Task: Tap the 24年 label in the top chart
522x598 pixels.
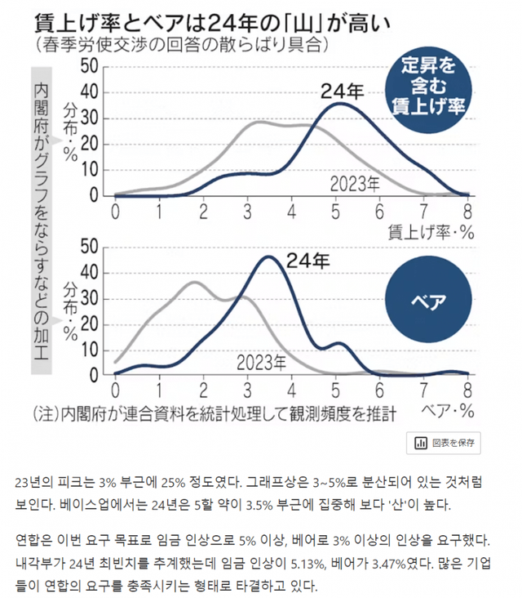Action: (338, 90)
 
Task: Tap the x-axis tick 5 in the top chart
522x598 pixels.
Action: (336, 212)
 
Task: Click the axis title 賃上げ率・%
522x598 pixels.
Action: (433, 231)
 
